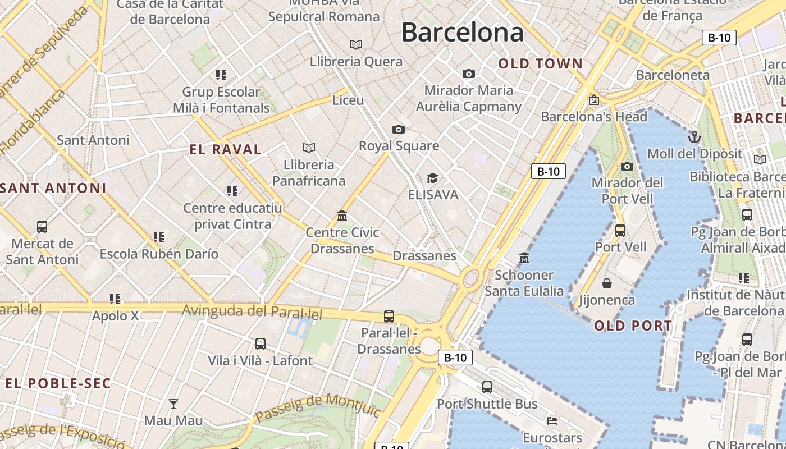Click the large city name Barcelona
coord(462,32)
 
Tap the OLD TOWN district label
coord(541,64)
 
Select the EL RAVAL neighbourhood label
coord(225,149)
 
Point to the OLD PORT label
coord(633,326)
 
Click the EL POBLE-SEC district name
coord(58,383)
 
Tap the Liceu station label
coord(348,100)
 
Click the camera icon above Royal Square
coord(399,130)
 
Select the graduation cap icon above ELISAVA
coord(432,178)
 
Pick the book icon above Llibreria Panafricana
coord(309,148)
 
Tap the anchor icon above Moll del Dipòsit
coord(694,137)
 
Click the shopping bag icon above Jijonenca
coord(607,283)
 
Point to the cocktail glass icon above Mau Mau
coord(173,404)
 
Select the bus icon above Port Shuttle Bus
coord(487,387)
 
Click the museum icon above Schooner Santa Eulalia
coord(524,258)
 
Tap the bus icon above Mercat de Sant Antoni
coord(42,227)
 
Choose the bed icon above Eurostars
coord(552,420)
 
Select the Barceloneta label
coord(673,75)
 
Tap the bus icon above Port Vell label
coord(620,230)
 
